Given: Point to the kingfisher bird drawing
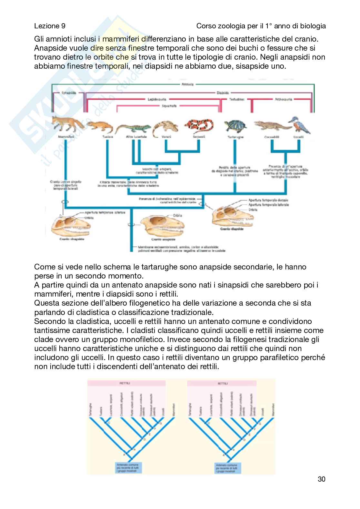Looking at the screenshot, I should coord(302,126).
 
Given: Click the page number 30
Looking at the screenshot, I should coord(321,488).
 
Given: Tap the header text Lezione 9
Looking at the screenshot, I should coord(50,26).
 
